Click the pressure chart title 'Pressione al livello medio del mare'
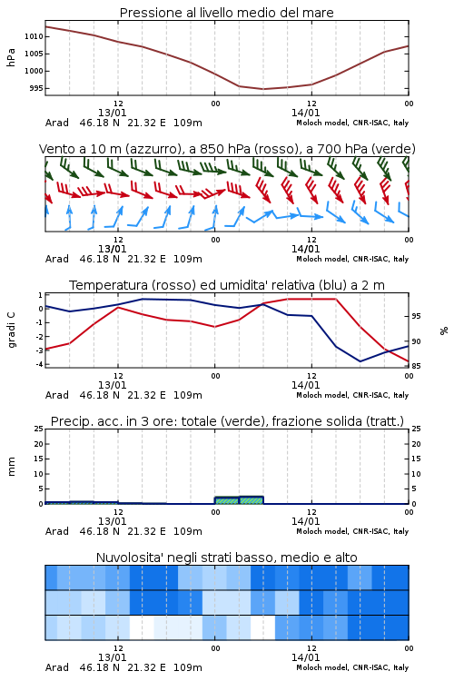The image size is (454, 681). tap(226, 13)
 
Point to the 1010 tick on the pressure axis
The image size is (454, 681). tap(34, 36)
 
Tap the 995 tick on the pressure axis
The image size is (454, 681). tap(36, 88)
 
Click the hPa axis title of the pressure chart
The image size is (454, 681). tap(11, 57)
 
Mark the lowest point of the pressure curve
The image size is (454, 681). tap(262, 89)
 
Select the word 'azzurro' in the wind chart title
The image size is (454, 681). tap(152, 149)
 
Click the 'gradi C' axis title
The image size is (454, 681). tap(12, 330)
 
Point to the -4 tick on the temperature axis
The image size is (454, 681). tap(39, 364)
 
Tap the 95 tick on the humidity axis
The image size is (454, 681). tap(416, 316)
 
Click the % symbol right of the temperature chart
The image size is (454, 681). tap(444, 331)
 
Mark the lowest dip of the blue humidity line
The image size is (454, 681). tap(360, 361)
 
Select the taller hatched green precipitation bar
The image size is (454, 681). tap(252, 500)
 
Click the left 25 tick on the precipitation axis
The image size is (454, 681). tap(39, 429)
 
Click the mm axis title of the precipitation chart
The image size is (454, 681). tap(11, 466)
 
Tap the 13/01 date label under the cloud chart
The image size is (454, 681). tap(112, 657)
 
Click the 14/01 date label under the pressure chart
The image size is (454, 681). tap(305, 113)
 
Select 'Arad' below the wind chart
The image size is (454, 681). tap(57, 259)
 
